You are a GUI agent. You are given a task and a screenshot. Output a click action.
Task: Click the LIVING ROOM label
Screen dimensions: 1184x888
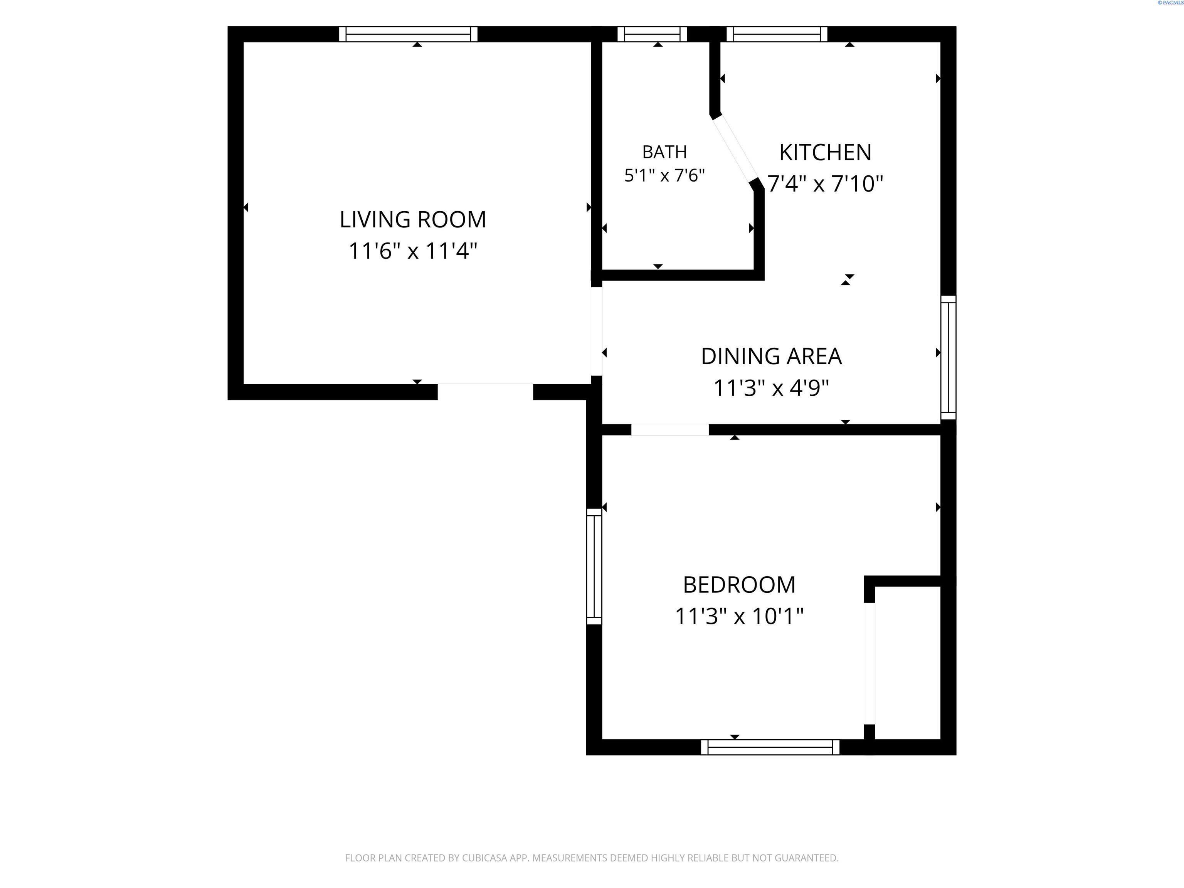click(413, 219)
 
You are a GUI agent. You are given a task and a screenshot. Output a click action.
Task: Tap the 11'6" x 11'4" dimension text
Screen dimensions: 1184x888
click(413, 251)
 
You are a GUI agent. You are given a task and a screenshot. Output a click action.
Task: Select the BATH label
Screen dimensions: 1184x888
click(664, 152)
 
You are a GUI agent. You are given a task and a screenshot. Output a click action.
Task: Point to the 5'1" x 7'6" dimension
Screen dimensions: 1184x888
click(664, 175)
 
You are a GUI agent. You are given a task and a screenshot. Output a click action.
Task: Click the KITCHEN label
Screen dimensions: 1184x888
click(825, 153)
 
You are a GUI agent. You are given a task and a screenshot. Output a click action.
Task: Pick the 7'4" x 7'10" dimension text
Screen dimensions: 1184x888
click(825, 183)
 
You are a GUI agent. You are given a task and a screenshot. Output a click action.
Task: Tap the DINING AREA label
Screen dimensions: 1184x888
click(771, 357)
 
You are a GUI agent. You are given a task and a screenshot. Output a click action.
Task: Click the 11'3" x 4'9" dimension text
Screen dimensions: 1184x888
click(771, 387)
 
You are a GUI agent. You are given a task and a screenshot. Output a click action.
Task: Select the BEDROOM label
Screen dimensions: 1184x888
click(739, 585)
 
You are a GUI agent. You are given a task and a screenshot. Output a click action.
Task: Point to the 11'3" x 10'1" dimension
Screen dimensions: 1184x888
click(739, 616)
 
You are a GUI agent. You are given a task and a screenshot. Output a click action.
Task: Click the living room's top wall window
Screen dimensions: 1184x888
click(409, 34)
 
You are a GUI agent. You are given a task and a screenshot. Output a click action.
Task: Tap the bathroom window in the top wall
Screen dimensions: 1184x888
click(652, 34)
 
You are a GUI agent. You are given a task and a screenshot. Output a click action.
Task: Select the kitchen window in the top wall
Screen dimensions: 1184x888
click(777, 34)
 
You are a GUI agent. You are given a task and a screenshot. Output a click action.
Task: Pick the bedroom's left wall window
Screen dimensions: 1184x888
click(594, 566)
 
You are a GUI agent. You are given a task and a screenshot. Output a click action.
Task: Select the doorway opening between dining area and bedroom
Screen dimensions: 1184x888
click(670, 429)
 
